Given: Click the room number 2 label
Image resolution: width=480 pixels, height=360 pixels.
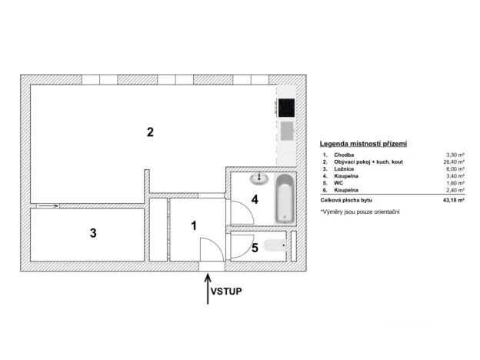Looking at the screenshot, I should (x=151, y=132).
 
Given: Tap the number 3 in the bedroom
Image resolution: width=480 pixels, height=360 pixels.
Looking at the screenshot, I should (x=93, y=233).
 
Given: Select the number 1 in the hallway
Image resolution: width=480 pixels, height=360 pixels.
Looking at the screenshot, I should (x=194, y=225).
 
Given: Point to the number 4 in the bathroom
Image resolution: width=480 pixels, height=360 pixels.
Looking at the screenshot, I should (x=254, y=200).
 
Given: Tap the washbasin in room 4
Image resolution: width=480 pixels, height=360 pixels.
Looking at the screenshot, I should (x=259, y=179).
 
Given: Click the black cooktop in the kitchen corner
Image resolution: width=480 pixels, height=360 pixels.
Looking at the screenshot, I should (x=286, y=106).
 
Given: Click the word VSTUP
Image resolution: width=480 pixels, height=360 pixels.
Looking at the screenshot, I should (x=228, y=292).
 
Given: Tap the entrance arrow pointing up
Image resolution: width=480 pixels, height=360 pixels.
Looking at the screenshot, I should (x=208, y=288).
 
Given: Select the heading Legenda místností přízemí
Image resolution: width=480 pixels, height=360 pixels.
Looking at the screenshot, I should (x=362, y=143).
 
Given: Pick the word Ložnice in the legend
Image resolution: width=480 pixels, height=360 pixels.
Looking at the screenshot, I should (x=344, y=169).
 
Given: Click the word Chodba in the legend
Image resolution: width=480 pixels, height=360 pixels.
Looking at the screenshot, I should (x=344, y=155).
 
